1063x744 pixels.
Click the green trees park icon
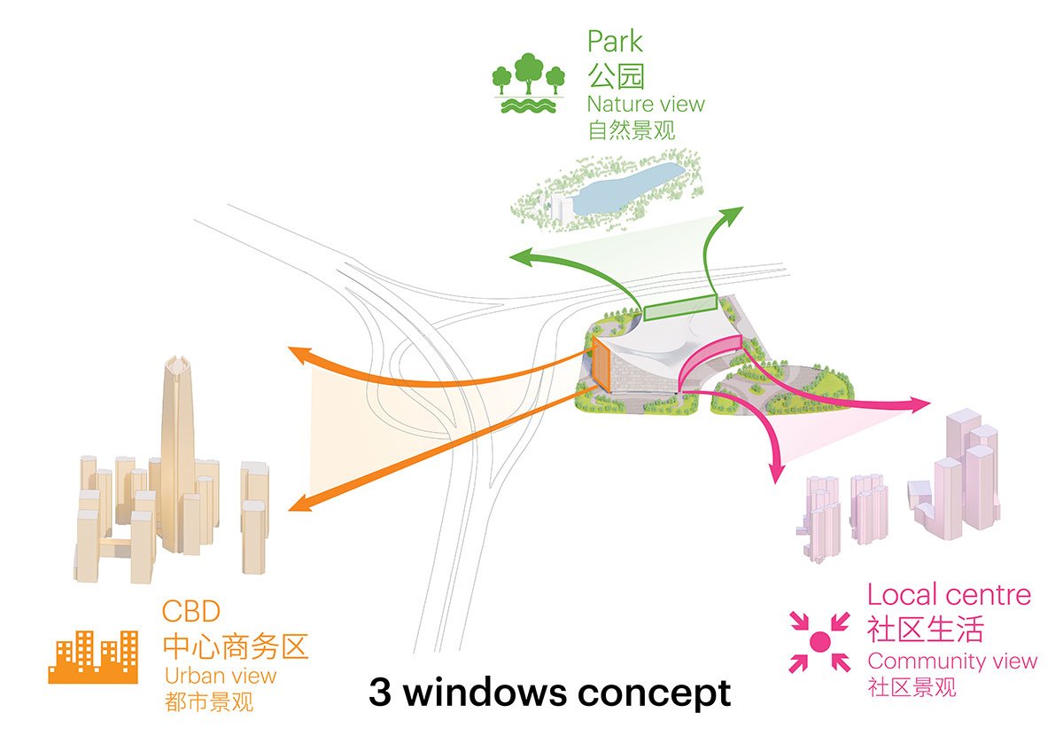pyautogui.click(x=528, y=83)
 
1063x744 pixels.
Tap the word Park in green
pyautogui.click(x=615, y=41)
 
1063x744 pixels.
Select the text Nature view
pyautogui.click(x=646, y=104)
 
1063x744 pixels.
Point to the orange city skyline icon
pyautogui.click(x=93, y=657)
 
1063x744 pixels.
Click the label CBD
pyautogui.click(x=190, y=612)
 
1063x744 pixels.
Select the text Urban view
pyautogui.click(x=221, y=676)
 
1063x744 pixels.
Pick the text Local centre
pyautogui.click(x=949, y=594)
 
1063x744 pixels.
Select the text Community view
pyautogui.click(x=952, y=661)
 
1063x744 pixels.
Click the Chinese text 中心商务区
pyautogui.click(x=235, y=645)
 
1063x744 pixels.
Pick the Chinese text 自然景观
pyautogui.click(x=631, y=130)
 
